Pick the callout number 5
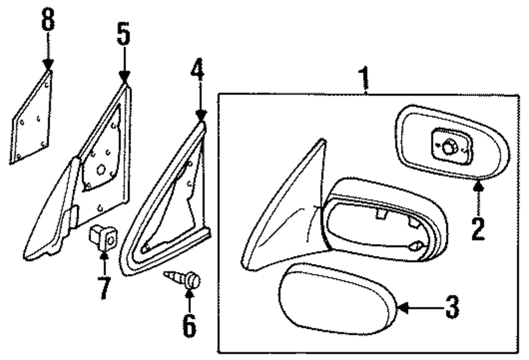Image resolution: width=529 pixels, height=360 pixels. (x=123, y=35)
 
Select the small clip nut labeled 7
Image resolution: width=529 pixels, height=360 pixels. (x=103, y=239)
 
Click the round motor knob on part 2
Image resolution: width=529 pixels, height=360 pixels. (x=449, y=148)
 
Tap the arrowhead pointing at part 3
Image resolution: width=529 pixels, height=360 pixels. (x=400, y=307)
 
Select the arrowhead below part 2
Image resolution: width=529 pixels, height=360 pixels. (x=478, y=184)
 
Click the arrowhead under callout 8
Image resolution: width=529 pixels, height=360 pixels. (x=48, y=66)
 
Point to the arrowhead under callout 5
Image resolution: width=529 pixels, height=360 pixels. (x=124, y=79)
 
